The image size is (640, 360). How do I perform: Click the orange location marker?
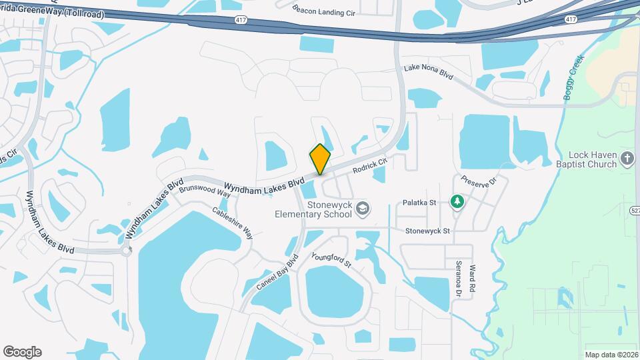coord(320,159)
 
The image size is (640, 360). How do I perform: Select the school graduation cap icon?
coord(362,209)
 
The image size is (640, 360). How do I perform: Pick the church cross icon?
coord(627,159)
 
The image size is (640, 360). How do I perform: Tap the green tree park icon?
coord(457,201)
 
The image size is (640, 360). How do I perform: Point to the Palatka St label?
coord(419,202)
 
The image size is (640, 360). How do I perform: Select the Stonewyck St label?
coord(428,231)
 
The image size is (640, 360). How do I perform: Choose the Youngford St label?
coord(331,259)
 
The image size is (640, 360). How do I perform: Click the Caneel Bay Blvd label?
coord(277,272)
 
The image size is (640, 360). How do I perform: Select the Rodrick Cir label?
coord(370,165)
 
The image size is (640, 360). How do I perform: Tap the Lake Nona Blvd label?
coord(429,73)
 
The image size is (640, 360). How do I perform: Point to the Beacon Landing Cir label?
coord(324,11)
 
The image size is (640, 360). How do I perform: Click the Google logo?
coord(22,352)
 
